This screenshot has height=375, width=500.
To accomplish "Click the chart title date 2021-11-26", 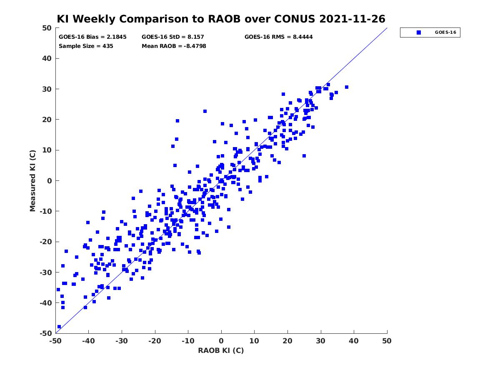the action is [352, 19].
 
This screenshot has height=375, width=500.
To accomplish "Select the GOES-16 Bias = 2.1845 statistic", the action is [92, 37].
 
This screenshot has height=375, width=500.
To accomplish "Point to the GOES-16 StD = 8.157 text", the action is [172, 37].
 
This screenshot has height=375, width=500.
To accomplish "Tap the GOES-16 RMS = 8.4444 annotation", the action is [279, 37].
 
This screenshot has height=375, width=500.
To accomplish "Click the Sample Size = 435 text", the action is [86, 46].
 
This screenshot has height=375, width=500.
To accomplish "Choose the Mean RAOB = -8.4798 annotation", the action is [174, 46].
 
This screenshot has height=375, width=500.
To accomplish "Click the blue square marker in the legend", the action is [419, 32].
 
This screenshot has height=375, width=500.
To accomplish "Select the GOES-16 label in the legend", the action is [445, 32].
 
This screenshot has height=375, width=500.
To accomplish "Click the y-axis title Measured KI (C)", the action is [32, 181].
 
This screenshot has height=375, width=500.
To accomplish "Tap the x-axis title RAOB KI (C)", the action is [221, 350].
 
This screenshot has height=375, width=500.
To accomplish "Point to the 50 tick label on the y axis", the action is [47, 28].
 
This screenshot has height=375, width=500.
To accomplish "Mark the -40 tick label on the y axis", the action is [46, 303].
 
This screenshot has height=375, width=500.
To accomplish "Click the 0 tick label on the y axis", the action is [50, 181].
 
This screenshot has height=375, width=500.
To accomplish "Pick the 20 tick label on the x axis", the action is [287, 341].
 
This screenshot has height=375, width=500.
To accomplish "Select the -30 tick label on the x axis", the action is [122, 341].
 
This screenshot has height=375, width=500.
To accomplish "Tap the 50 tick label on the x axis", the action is [387, 341].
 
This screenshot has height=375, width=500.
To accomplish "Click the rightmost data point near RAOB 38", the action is [347, 87].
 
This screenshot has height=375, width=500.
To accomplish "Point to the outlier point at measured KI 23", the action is [205, 111].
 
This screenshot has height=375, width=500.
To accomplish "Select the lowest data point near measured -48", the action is [59, 327].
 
